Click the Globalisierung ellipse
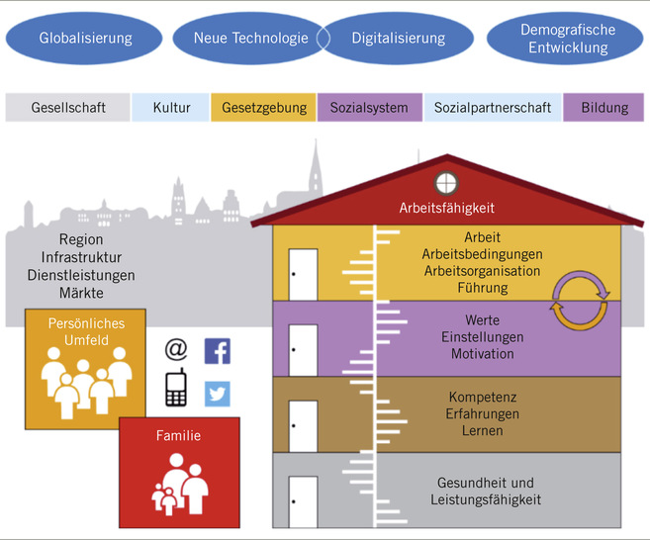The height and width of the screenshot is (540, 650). pos(85,39)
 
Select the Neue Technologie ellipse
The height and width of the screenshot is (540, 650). pos(237,39)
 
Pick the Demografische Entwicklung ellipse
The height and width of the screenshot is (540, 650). pos(567,39)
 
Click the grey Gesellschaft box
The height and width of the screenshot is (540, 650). pos(67,107)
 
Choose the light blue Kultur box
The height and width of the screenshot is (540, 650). pos(171,107)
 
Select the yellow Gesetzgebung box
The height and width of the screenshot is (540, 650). pos(264,107)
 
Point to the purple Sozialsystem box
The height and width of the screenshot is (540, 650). pos(369,107)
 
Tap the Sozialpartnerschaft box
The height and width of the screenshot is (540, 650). pos(492,107)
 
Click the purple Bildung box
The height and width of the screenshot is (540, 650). pos(604,107)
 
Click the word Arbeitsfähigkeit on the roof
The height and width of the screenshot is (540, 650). pos(446,209)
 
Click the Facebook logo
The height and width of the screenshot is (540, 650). pos(217,350)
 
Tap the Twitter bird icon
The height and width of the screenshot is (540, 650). pos(217,394)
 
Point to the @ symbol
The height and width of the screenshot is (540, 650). pos(176,349)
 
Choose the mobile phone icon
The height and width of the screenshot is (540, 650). pos(176,387)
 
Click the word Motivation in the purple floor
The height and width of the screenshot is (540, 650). pos(482,354)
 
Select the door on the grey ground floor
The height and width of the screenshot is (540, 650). pos(303,500)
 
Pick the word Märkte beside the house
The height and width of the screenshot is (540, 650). pos(81,293)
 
